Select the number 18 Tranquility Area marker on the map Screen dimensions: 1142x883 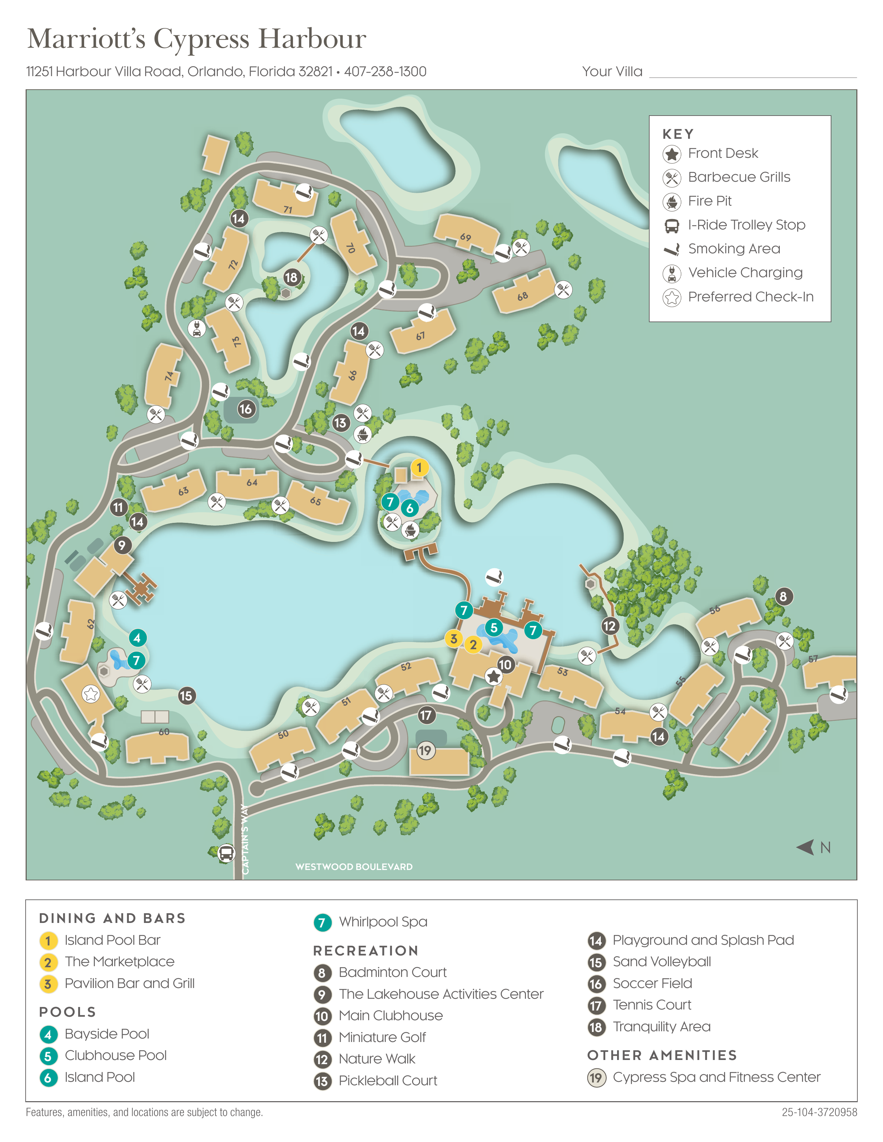pyautogui.click(x=291, y=277)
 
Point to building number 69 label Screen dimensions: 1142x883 pyautogui.click(x=465, y=237)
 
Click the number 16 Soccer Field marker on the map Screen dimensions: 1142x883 pyautogui.click(x=246, y=409)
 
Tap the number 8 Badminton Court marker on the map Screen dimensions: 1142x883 pyautogui.click(x=783, y=596)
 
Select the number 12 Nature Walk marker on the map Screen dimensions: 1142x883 pyautogui.click(x=609, y=626)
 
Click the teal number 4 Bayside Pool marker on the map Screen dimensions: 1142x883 pyautogui.click(x=137, y=637)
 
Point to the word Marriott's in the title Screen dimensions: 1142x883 pyautogui.click(x=86, y=39)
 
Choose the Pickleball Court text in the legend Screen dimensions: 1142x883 pyautogui.click(x=387, y=1080)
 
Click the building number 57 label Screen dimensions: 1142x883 pyautogui.click(x=813, y=659)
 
